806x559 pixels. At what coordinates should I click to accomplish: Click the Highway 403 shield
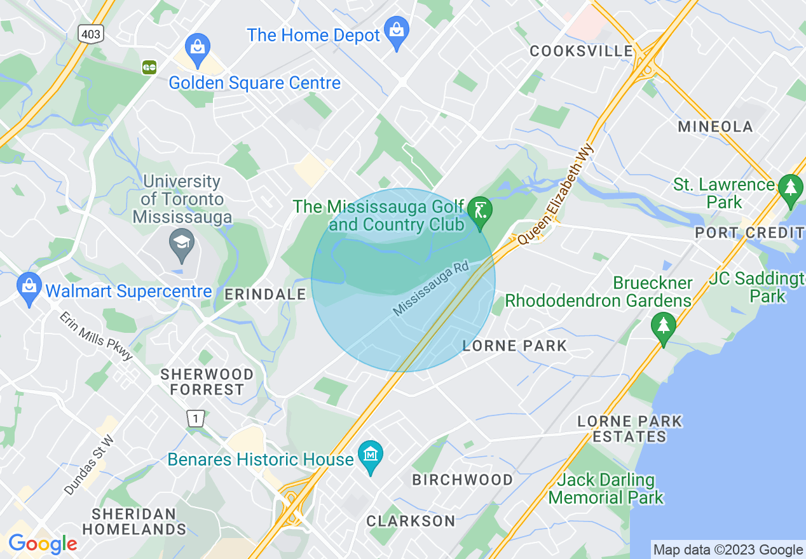[x=91, y=34]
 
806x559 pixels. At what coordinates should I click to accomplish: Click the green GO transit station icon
[x=150, y=66]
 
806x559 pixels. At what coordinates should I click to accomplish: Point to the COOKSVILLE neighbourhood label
[x=582, y=51]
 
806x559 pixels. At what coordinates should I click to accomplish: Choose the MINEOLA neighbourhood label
[x=715, y=126]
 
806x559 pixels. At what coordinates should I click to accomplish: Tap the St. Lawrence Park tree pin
[x=790, y=189]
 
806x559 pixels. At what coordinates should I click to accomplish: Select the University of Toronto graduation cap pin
[x=182, y=244]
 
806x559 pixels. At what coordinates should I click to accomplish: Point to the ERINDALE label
[x=266, y=295]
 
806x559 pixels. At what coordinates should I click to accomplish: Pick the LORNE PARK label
[x=514, y=346]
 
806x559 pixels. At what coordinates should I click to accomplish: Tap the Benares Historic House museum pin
[x=370, y=456]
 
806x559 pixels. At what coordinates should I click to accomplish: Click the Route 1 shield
[x=195, y=419]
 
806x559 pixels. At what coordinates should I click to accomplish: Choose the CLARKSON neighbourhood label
[x=411, y=522]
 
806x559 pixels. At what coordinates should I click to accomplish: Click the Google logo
[x=42, y=544]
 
